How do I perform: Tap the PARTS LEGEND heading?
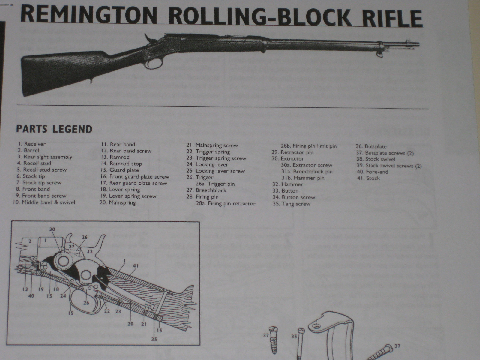pyautogui.click(x=54, y=129)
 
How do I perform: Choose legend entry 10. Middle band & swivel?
pyautogui.click(x=44, y=202)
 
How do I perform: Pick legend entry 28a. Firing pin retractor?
pyautogui.click(x=226, y=204)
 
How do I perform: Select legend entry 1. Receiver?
pyautogui.click(x=31, y=144)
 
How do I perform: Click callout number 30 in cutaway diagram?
pyautogui.click(x=52, y=229)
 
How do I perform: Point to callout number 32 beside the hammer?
pyautogui.click(x=89, y=252)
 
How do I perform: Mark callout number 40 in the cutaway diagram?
pyautogui.click(x=31, y=296)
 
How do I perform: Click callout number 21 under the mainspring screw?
pyautogui.click(x=144, y=324)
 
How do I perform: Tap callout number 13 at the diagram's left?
pyautogui.click(x=25, y=289)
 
